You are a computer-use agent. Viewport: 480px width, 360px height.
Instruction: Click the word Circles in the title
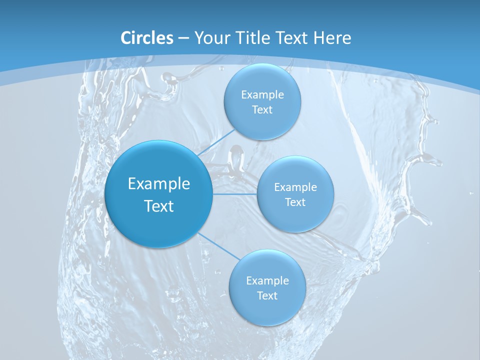coord(146,38)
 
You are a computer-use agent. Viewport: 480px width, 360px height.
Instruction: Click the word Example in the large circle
coord(159,184)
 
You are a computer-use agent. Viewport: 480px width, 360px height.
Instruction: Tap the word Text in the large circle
coord(159,206)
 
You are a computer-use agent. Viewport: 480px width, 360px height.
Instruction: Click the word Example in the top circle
coord(262,95)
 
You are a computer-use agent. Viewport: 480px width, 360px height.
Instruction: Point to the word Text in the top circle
coord(262,110)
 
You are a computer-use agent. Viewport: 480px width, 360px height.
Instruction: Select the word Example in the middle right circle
coord(295,187)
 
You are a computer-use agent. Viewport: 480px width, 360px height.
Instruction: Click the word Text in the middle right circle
coord(295,202)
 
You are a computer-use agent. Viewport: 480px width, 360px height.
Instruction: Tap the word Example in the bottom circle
coord(267,281)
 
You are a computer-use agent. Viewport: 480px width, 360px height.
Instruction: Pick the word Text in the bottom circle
coord(267,296)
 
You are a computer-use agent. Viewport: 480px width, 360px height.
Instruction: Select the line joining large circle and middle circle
coord(235,194)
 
